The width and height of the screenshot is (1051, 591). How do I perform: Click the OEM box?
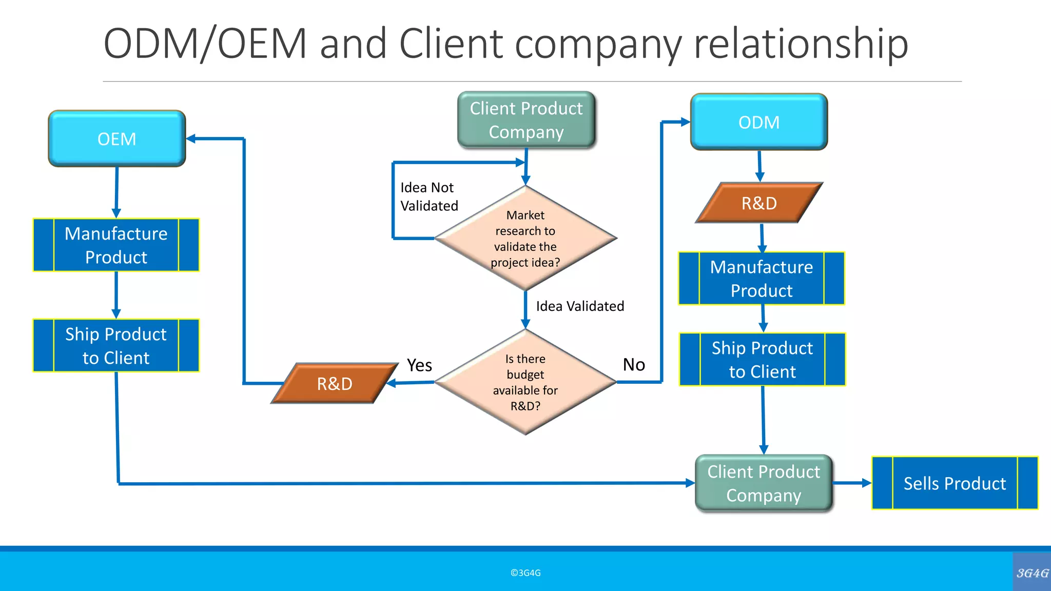(117, 139)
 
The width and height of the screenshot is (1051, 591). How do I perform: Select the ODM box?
(759, 122)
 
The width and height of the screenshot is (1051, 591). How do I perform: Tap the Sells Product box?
(955, 483)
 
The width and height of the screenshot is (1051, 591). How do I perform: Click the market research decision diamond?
(525, 239)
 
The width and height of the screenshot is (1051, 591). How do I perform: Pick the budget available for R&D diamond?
(525, 382)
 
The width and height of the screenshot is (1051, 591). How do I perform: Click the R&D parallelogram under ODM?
(759, 203)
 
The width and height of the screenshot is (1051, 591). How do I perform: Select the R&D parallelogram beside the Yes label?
(335, 384)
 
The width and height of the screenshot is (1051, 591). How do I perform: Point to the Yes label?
(419, 365)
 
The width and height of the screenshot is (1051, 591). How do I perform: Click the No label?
(634, 365)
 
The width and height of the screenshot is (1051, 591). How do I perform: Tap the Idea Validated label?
(580, 306)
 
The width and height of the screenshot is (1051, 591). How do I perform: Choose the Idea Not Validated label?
(429, 197)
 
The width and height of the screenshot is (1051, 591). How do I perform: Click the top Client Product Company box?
(527, 120)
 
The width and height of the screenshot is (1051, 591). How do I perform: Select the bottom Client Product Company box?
(764, 483)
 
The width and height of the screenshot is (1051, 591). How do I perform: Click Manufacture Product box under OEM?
(116, 245)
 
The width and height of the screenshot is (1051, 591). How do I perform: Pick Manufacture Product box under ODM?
(762, 279)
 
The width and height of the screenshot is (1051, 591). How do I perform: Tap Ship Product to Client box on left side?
(116, 346)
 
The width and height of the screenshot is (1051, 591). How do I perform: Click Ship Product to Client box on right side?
(762, 360)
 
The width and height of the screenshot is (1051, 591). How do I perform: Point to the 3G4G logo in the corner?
(1032, 573)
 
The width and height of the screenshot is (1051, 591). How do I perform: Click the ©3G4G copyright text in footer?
(525, 573)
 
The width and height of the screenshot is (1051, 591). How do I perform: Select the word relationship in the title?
(801, 43)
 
